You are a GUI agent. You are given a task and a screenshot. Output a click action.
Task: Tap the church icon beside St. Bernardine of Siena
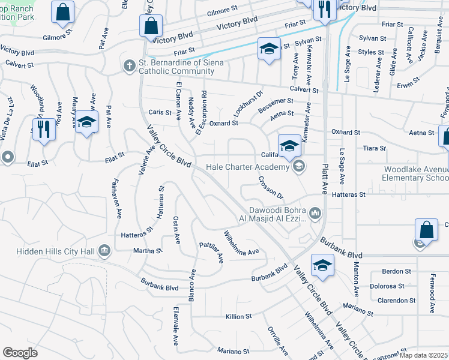[129, 65]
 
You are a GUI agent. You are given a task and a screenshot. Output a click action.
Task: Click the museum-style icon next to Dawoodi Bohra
[315, 213]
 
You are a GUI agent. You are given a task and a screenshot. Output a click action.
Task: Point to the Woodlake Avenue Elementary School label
[416, 173]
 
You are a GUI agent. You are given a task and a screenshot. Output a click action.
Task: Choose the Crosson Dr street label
[271, 188]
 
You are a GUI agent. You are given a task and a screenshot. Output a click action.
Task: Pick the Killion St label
[238, 316]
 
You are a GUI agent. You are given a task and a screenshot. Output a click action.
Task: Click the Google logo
[20, 353]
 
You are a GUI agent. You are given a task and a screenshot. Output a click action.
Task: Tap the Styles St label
[371, 52]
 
